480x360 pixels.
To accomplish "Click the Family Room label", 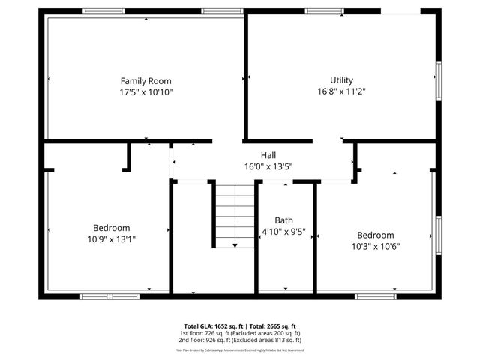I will [x=146, y=80].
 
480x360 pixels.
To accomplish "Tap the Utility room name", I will [x=341, y=80].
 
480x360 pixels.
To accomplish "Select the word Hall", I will [x=268, y=156].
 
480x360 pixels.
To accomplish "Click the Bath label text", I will [x=283, y=220].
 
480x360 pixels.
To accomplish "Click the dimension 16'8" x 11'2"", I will [x=341, y=91].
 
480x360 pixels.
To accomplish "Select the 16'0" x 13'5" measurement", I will [x=268, y=166].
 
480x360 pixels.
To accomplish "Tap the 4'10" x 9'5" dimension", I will [x=283, y=232].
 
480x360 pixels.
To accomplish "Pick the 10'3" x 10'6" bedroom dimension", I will [x=375, y=245].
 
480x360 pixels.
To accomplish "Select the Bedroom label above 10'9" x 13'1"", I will [x=112, y=228].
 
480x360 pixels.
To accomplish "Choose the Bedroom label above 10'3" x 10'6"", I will [x=375, y=235].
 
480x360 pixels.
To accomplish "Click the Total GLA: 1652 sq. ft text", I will [x=208, y=326].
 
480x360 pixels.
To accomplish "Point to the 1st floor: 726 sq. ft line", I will [x=239, y=333].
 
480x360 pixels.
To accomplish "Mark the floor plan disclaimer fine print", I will [x=239, y=349].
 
